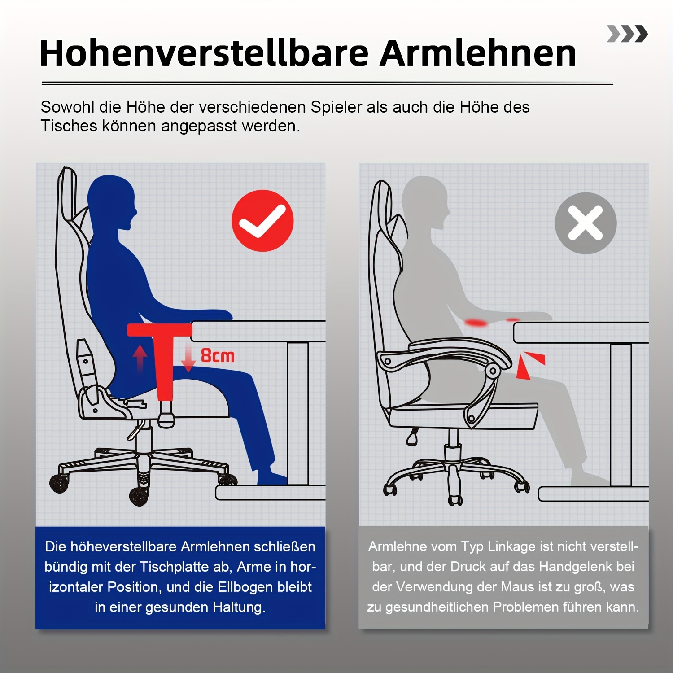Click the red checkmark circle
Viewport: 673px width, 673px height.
262,220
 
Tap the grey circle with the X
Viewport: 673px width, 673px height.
586,223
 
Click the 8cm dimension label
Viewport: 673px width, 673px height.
218,356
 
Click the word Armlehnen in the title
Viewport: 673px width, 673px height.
477,53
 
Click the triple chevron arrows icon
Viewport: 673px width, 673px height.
627,34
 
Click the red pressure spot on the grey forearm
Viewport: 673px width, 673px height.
476,322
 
